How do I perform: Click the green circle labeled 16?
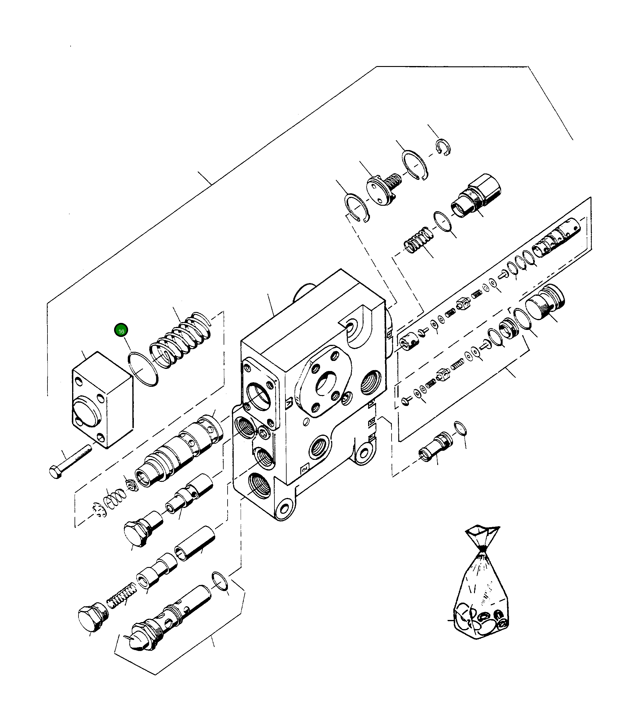tap(121, 331)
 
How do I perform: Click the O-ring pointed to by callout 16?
tap(143, 369)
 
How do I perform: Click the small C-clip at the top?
tap(443, 147)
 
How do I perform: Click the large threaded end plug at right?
tap(545, 302)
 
